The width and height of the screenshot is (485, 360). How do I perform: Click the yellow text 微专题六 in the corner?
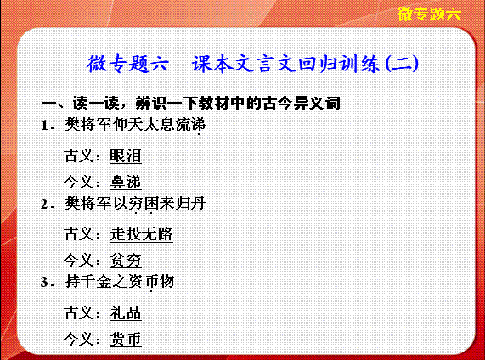coord(429,14)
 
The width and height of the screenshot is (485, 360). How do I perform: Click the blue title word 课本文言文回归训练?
coord(286,64)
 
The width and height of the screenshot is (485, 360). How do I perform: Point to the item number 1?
coord(47,126)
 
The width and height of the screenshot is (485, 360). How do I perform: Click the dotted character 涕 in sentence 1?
coord(198,125)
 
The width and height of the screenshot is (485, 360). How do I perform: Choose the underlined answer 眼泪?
coord(126,155)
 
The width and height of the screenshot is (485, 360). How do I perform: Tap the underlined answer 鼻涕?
coord(126,182)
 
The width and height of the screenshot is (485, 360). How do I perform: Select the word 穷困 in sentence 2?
coord(144,204)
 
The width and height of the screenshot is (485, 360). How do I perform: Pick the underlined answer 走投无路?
coord(141,233)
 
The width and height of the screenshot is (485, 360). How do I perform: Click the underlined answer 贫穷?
coord(126,260)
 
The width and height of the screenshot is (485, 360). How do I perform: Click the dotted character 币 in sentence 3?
coord(151,281)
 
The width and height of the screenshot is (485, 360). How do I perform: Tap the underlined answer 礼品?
coord(126,312)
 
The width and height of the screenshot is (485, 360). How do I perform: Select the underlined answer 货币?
coord(126,339)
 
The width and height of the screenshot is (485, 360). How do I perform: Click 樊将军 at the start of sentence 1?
coord(88,125)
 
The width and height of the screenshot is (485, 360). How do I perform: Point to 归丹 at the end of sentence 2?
coord(190,204)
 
